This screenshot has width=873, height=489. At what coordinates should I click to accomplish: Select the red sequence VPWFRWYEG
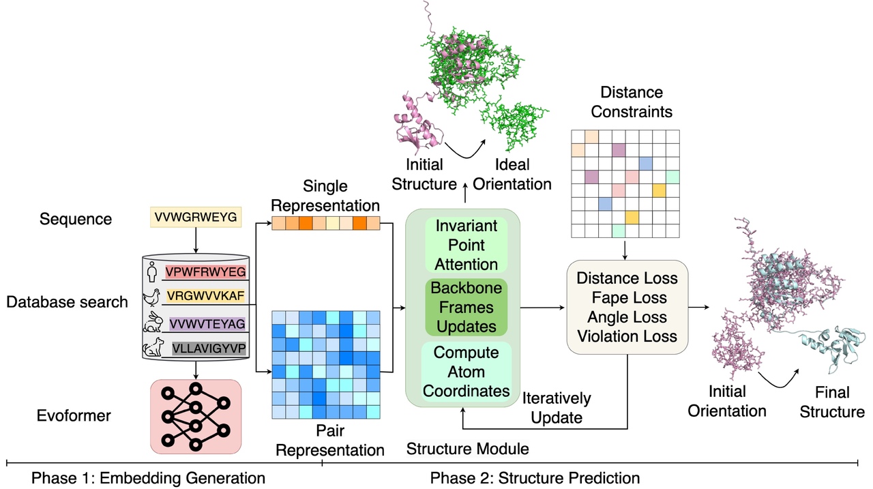click(205, 272)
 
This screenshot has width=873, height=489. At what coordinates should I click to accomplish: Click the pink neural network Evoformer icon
click(195, 417)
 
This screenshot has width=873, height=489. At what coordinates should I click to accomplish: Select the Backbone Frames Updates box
click(466, 307)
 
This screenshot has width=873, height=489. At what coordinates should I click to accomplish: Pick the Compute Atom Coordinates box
click(467, 372)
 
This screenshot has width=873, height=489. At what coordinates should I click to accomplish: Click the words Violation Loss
click(627, 336)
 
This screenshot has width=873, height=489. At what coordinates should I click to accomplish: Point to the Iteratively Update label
click(557, 407)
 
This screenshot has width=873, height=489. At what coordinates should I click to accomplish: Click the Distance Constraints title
click(631, 102)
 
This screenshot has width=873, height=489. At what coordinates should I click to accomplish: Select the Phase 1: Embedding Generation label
click(148, 478)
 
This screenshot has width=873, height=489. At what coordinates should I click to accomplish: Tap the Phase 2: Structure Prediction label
click(535, 478)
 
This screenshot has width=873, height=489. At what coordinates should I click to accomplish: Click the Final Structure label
click(832, 402)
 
